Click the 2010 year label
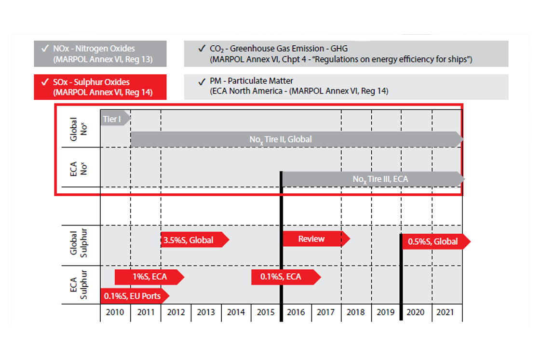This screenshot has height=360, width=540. (x=115, y=312)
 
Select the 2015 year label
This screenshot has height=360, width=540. (x=265, y=312)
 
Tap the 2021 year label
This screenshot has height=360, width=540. (x=445, y=312)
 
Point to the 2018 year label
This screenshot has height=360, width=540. (x=356, y=312)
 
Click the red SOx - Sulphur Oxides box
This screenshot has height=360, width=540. (x=100, y=87)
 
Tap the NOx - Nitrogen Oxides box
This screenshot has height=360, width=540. (x=100, y=53)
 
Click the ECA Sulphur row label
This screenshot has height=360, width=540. (x=78, y=284)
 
